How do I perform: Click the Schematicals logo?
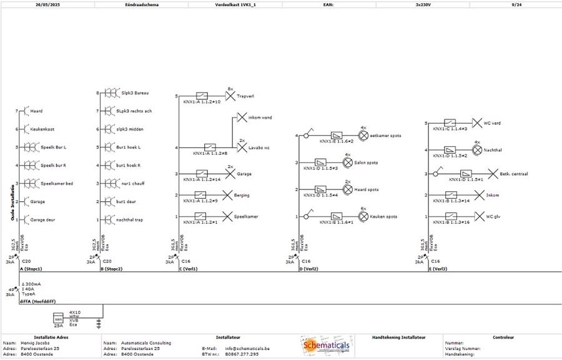(x=327, y=346)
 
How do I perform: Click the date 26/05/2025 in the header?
(x=47, y=4)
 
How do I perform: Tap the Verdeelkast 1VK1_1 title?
(x=235, y=4)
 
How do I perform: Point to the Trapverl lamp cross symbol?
(x=230, y=96)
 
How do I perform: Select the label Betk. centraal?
(x=514, y=174)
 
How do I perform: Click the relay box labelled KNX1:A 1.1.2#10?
(x=202, y=96)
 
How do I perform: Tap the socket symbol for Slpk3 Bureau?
(x=111, y=93)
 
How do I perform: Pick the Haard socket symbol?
(x=24, y=111)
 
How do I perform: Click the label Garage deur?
(x=43, y=220)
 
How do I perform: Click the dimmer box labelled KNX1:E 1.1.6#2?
(x=337, y=135)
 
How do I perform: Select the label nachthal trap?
(x=130, y=220)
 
